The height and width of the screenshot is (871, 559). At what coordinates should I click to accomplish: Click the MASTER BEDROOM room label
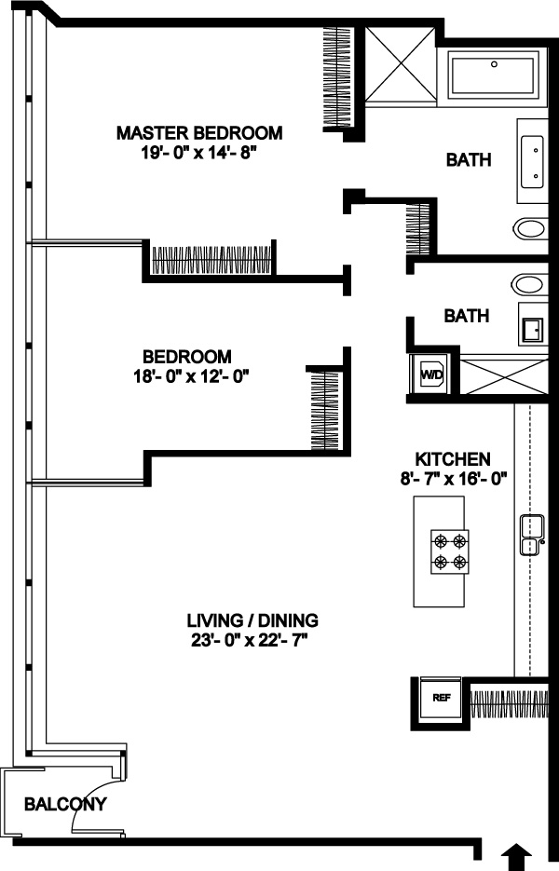click(199, 133)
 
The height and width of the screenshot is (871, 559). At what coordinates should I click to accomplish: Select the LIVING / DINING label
click(252, 619)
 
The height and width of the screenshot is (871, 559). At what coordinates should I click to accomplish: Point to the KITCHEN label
click(453, 459)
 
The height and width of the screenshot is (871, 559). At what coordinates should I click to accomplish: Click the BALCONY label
click(65, 804)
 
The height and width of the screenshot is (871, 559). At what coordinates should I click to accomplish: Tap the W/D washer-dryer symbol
click(431, 374)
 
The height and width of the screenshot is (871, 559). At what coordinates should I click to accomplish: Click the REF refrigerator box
click(442, 698)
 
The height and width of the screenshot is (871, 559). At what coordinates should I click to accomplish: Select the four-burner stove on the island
click(450, 551)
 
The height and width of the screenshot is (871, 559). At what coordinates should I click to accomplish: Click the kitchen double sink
click(532, 535)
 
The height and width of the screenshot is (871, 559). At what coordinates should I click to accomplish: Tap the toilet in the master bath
click(531, 227)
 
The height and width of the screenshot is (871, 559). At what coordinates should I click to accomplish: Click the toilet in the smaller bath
click(529, 284)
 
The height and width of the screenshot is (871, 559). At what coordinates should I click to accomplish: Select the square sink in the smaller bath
click(531, 331)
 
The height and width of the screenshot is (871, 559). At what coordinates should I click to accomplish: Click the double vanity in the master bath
click(533, 161)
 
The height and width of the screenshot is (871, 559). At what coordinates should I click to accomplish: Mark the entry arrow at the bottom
click(517, 858)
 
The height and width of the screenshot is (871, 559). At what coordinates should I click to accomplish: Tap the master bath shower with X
click(400, 64)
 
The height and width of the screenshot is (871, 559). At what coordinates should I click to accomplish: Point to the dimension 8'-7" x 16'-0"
click(455, 479)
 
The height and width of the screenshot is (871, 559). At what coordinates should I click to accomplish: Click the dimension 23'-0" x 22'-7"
click(250, 641)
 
